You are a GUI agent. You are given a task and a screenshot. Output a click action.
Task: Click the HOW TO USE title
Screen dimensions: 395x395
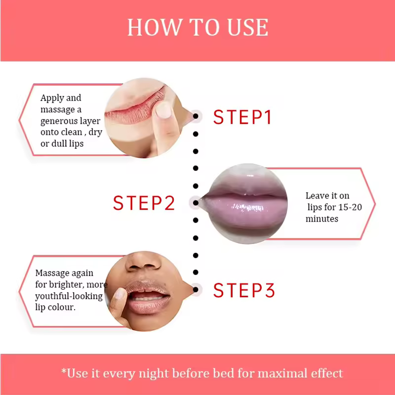198,27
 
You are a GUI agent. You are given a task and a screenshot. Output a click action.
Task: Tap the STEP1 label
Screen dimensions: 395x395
242,117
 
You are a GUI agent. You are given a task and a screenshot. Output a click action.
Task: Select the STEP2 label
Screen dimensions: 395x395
144,203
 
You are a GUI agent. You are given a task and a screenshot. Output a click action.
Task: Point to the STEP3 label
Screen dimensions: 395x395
244,290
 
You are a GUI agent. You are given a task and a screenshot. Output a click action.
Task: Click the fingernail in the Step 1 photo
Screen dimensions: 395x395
163,110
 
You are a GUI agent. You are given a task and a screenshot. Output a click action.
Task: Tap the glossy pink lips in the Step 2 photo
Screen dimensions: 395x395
245,204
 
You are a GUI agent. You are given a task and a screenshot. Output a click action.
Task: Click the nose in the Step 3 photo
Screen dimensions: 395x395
143,262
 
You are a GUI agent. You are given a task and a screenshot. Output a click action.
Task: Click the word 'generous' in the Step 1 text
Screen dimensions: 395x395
58,121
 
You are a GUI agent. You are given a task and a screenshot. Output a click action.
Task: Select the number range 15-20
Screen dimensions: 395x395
350,207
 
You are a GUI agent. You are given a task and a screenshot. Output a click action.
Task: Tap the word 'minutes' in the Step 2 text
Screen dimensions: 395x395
322,219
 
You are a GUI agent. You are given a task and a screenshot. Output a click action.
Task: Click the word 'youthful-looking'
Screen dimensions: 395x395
69,296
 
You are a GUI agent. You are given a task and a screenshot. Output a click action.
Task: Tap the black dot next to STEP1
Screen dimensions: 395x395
196,116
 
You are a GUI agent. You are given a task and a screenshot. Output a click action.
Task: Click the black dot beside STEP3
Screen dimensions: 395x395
196,289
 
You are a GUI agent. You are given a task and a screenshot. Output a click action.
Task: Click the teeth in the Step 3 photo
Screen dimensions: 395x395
146,299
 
